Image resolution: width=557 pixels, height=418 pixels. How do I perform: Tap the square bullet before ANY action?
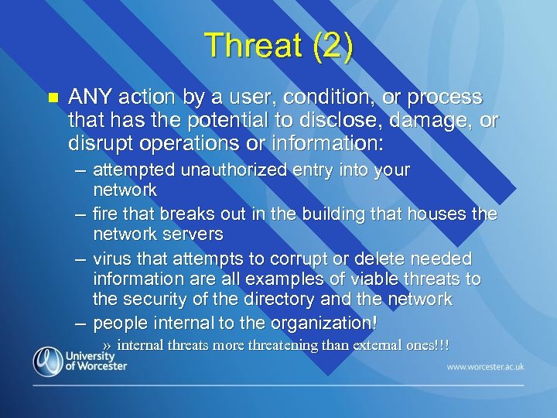pyautogui.click(x=53, y=98)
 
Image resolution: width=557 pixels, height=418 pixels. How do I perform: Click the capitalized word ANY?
pyautogui.click(x=91, y=98)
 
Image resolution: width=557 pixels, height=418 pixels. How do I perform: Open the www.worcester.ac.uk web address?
pyautogui.click(x=484, y=365)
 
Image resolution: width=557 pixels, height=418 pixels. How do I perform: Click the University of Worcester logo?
pyautogui.click(x=80, y=360)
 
